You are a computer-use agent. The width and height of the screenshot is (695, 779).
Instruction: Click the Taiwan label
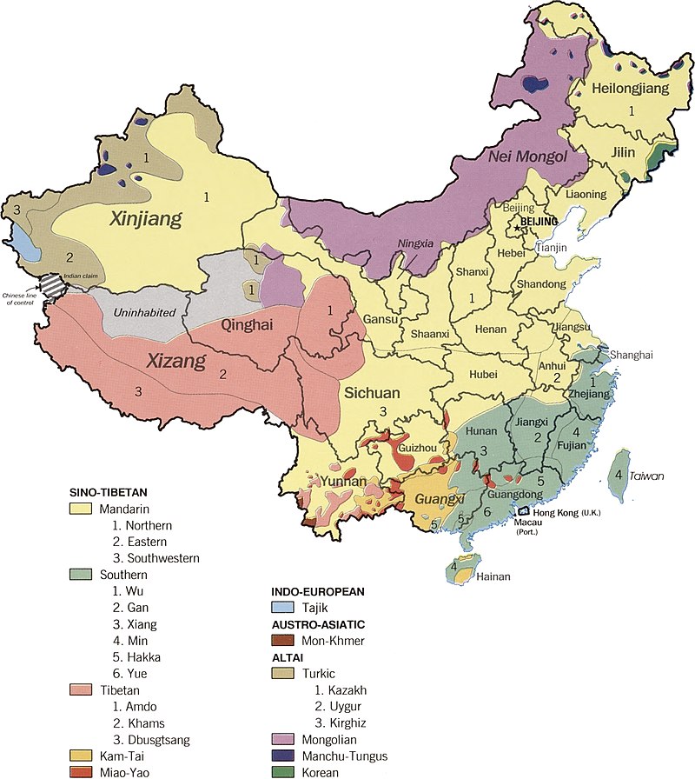click(x=646, y=476)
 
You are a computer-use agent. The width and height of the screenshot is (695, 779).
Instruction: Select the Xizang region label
click(x=176, y=360)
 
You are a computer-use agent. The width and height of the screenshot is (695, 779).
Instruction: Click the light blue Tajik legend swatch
click(x=283, y=609)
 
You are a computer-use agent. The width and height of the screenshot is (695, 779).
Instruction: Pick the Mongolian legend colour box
click(x=283, y=739)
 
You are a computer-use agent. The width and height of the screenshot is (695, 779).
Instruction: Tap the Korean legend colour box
click(x=283, y=772)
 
